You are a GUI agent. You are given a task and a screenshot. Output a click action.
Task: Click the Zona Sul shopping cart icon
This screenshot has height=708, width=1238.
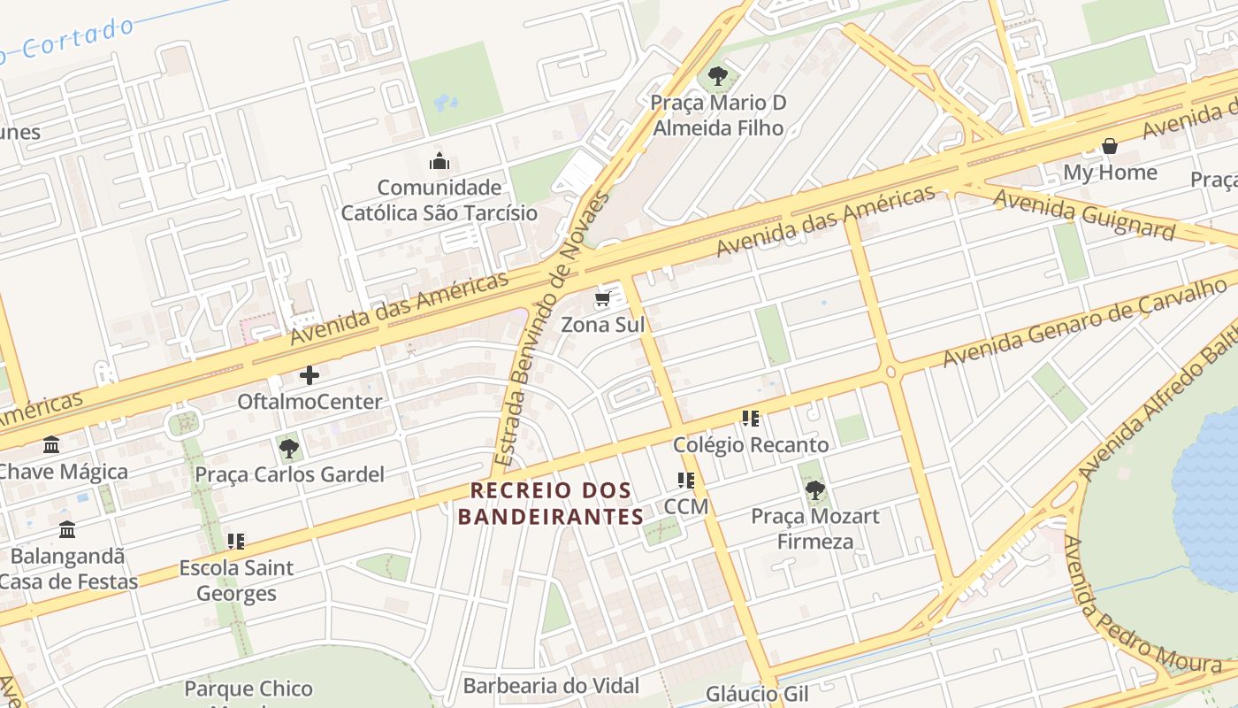click(x=603, y=298)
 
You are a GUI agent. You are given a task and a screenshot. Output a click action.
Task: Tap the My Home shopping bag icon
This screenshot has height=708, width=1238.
click(x=1110, y=146)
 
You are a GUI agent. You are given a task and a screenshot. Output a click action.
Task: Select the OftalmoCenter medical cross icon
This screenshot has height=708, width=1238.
click(x=309, y=375)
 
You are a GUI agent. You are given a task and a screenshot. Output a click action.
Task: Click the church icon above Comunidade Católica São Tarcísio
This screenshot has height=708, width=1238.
click(x=439, y=161)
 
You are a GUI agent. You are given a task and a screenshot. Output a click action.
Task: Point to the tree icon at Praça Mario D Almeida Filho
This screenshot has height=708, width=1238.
click(x=718, y=76)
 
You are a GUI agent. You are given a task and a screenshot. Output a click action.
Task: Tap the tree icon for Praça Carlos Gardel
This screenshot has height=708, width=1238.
click(x=289, y=449)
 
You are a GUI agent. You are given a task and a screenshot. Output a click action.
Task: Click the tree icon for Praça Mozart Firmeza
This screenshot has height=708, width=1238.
click(x=814, y=489)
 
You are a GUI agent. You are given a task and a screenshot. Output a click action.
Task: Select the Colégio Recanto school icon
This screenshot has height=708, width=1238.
click(x=751, y=419)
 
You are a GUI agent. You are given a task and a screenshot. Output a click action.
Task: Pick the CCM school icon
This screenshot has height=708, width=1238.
click(x=686, y=481)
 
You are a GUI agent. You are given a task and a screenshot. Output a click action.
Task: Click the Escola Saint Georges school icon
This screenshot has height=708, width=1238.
click(x=236, y=541)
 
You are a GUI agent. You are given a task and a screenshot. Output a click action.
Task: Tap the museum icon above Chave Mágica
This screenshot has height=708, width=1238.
click(x=51, y=444)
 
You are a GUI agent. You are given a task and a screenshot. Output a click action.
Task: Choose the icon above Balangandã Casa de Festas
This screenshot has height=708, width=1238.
click(x=67, y=530)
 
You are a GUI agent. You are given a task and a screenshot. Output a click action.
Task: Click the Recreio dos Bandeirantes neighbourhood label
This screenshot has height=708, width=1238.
click(x=552, y=503)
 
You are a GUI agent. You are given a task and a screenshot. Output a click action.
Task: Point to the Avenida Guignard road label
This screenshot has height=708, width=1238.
click(x=1083, y=213)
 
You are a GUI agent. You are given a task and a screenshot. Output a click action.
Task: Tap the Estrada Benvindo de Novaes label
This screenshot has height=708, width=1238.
click(x=552, y=329)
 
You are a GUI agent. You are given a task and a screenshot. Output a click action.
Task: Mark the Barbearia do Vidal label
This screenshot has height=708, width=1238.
click(x=551, y=685)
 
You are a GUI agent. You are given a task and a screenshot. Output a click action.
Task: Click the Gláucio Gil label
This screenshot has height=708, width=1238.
click(x=745, y=694)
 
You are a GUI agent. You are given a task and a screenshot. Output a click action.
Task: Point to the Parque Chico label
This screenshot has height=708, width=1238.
click(x=248, y=689)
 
